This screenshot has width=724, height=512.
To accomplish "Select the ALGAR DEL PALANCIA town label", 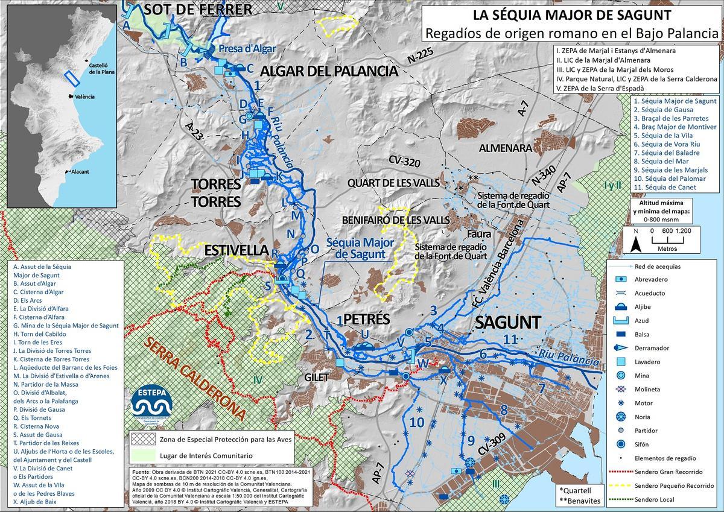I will [x=329, y=71].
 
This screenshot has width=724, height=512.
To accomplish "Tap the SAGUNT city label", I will [x=507, y=322].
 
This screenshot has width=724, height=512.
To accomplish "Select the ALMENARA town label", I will [x=506, y=148].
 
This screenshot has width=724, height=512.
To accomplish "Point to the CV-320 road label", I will [x=404, y=162].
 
